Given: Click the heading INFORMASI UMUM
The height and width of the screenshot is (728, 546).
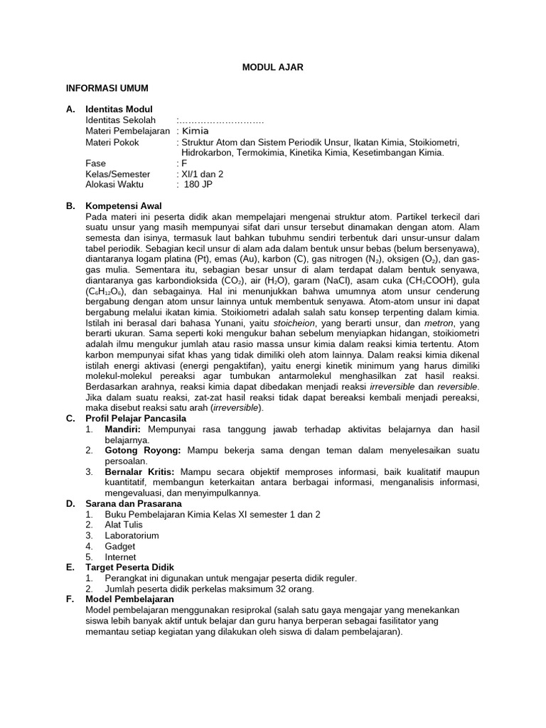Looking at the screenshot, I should click(x=107, y=87).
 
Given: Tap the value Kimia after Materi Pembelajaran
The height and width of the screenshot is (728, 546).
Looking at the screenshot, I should click(x=196, y=132).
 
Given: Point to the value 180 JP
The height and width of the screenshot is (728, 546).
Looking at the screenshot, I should click(x=198, y=184).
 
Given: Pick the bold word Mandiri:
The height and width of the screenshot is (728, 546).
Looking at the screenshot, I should click(x=123, y=429).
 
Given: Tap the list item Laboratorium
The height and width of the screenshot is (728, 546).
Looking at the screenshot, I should click(x=132, y=535).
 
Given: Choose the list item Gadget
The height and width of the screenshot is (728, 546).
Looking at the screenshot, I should click(x=120, y=546).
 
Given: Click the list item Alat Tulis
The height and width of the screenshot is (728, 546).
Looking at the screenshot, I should click(x=124, y=525).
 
